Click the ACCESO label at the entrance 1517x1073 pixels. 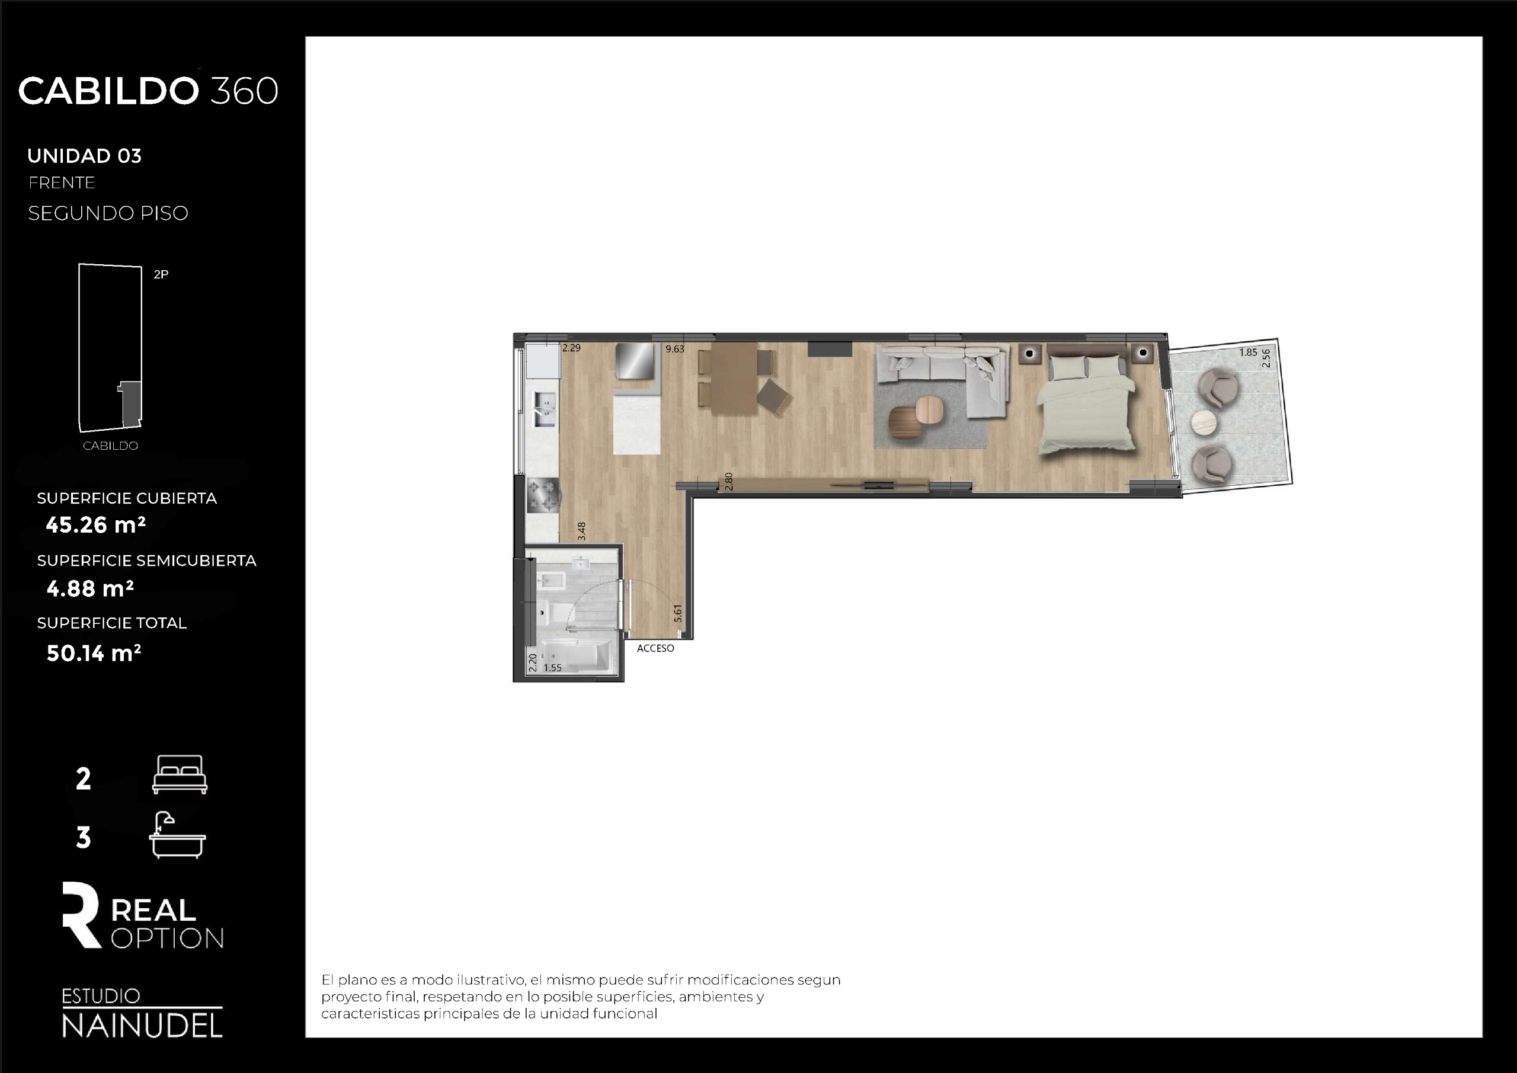[655, 648]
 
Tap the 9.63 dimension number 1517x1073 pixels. [674, 349]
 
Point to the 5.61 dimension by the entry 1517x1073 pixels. [677, 613]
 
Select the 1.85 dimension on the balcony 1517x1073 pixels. [1248, 352]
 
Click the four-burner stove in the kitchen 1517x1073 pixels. [542, 495]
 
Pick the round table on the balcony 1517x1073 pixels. [1203, 421]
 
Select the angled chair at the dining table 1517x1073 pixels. [774, 397]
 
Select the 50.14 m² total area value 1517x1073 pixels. [94, 653]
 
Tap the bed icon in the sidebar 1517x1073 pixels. [180, 774]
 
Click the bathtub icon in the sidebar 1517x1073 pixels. [177, 835]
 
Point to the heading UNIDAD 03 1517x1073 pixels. [85, 156]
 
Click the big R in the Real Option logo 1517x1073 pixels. [81, 914]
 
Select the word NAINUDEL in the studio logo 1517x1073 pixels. [142, 1026]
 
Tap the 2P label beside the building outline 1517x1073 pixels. [161, 274]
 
